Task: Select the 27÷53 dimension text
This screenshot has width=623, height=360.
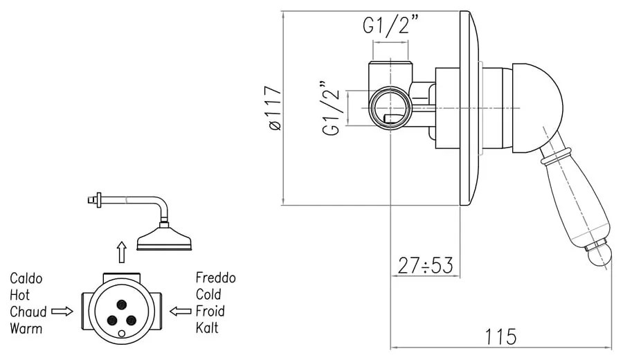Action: click(425, 264)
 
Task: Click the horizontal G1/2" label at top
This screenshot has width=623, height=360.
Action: click(391, 26)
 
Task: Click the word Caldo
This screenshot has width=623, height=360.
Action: click(26, 278)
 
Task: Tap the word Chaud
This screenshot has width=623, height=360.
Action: click(28, 312)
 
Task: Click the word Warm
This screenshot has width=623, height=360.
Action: click(26, 328)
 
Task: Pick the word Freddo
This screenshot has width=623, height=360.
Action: click(216, 278)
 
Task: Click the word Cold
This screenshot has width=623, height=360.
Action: click(208, 295)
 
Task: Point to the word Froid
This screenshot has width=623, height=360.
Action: click(210, 312)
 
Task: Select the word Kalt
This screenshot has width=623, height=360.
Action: click(207, 328)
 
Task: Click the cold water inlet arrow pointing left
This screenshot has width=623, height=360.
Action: click(181, 312)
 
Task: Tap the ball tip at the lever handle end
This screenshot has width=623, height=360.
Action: click(600, 258)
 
